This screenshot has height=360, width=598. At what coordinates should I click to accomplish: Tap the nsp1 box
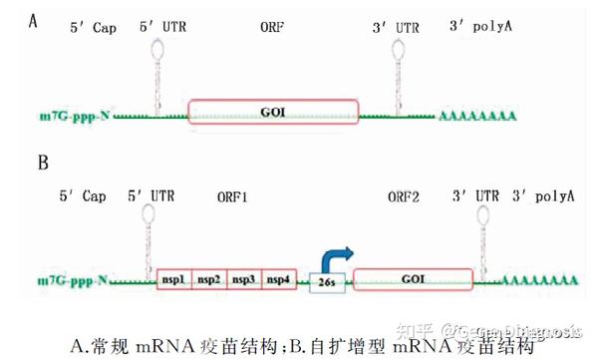(173, 281)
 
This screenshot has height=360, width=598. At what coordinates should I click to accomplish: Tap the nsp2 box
(208, 281)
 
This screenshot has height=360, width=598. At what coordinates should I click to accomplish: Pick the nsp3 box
(244, 281)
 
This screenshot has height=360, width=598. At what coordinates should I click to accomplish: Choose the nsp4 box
(278, 281)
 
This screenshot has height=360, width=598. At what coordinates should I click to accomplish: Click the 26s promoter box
(326, 283)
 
